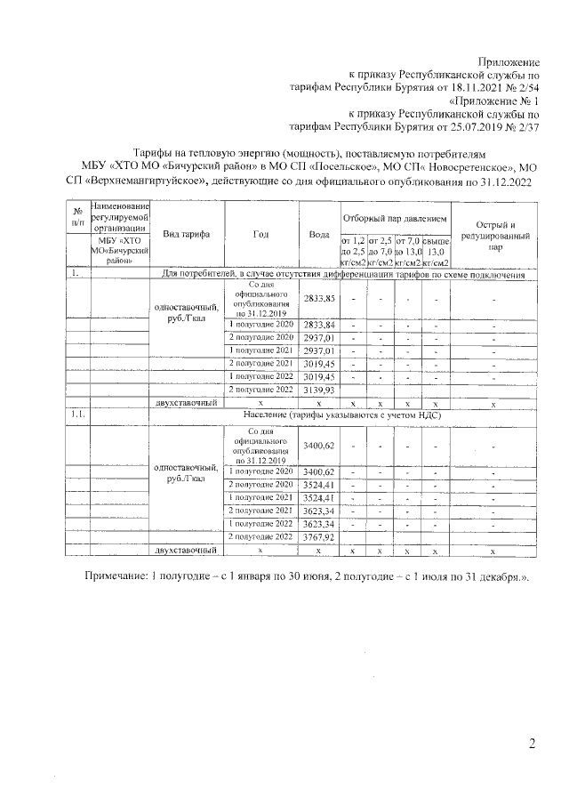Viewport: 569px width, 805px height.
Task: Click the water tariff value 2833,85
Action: tap(317, 299)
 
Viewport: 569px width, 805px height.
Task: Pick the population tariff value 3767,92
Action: tap(317, 537)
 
